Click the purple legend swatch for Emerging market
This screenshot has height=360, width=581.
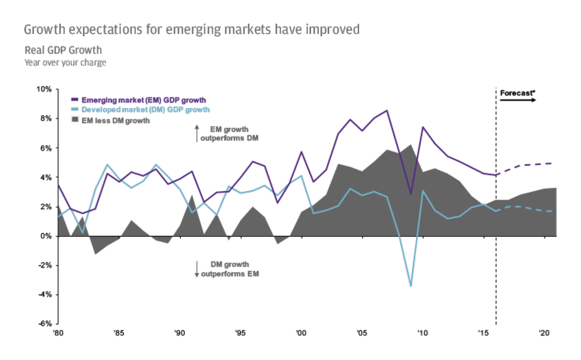75,99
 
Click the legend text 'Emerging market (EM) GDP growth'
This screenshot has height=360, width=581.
144,100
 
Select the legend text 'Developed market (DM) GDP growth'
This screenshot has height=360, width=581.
146,110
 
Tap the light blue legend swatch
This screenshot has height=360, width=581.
75,109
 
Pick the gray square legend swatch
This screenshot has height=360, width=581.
75,119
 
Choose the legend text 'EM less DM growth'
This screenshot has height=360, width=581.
116,121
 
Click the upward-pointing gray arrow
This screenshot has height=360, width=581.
197,133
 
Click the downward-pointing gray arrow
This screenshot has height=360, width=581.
197,269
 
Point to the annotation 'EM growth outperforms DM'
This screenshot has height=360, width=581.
229,134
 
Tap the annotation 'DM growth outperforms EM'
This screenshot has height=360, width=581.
230,269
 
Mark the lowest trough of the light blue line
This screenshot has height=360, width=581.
411,286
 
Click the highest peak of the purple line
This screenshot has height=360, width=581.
387,110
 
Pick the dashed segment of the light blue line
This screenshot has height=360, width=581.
525,208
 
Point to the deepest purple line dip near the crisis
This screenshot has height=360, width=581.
411,194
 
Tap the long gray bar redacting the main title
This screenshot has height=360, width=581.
190,30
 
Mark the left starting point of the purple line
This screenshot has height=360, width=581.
59,186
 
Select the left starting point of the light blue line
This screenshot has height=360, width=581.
59,216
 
